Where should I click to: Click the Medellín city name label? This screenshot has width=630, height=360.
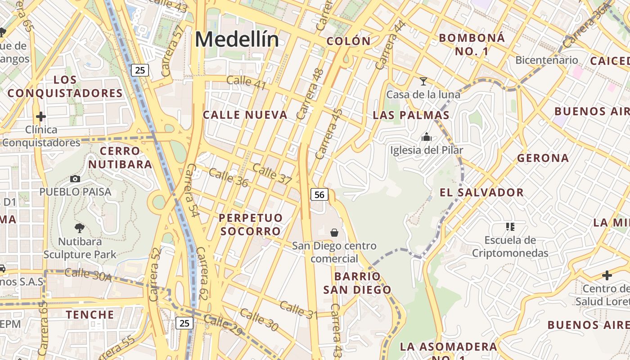point(237,40)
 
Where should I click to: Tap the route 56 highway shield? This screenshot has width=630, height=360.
point(319,194)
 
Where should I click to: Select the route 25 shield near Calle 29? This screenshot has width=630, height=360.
point(184,323)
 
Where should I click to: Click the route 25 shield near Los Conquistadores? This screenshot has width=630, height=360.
point(140,70)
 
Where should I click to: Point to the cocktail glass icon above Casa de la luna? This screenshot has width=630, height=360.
point(423,81)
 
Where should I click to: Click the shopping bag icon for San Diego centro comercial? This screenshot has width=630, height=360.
point(334,232)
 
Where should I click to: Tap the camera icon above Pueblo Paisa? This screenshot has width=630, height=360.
point(75,179)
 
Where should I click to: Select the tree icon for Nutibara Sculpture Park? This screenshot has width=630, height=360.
point(80,228)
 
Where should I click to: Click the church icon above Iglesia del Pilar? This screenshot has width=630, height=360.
point(426,137)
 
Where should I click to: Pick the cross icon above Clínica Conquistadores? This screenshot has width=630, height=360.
point(41,117)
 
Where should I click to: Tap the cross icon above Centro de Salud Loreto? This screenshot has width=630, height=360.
point(607,275)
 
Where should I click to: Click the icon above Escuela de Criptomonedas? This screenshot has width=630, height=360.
point(510,226)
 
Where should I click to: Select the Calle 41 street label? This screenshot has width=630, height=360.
point(246,83)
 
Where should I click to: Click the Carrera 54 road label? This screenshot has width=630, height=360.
point(193,190)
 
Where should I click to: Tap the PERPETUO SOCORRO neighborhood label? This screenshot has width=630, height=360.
point(251,225)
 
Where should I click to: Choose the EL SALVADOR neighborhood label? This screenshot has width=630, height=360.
point(481,193)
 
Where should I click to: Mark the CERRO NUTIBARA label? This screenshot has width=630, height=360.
point(120,157)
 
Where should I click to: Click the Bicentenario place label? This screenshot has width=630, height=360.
point(546,60)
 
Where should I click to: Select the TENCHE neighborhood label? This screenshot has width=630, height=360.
point(90,314)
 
